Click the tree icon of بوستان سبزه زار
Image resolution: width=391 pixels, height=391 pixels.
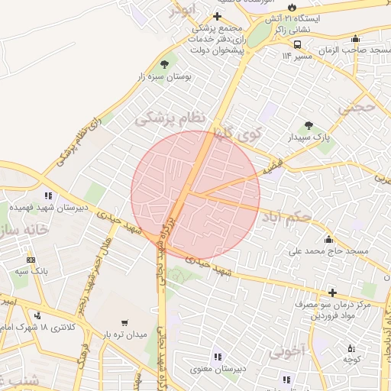164,64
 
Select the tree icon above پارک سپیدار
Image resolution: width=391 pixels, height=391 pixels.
309,125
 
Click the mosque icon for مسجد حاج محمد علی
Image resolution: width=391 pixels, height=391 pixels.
329,238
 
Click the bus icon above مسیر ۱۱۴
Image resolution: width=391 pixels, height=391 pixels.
297,44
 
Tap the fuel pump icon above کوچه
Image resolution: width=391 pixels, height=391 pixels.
351,347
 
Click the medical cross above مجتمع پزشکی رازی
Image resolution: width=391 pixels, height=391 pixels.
218,16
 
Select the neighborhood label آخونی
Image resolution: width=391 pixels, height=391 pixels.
287,352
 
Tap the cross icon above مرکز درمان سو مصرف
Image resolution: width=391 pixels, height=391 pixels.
332,292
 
